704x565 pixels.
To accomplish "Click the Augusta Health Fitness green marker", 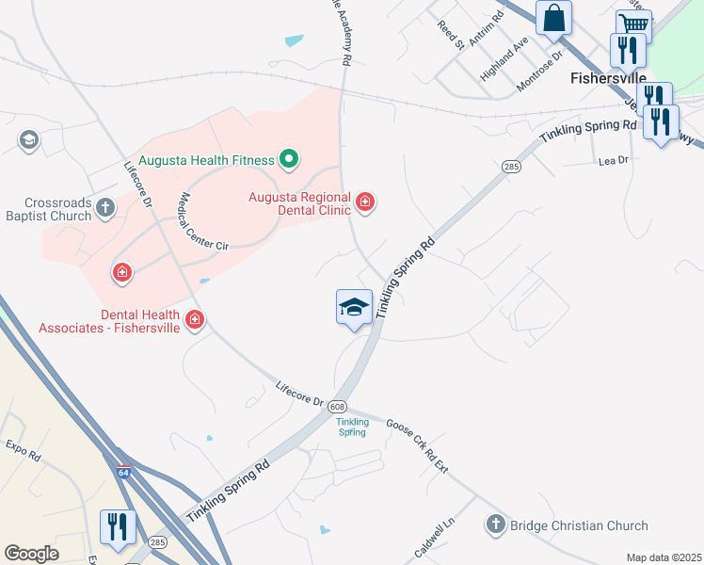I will coord(289,160).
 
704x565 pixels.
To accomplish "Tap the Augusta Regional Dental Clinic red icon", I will coord(364,202).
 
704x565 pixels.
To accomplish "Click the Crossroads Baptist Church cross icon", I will coord(105,207).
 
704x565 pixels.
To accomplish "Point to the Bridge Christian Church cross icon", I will coord(496,524).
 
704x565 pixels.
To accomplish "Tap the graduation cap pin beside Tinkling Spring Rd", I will coord(354,307).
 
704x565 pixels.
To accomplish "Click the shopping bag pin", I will coord(554,18).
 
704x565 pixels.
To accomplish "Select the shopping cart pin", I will coord(634,25).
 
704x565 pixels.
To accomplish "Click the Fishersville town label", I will coord(608,78).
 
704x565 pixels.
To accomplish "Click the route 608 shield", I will coord(337,406).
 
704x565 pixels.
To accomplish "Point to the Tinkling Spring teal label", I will coord(352,426).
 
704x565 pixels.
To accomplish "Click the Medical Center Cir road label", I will coord(204,221).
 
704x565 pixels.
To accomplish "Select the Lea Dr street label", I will coord(613,161).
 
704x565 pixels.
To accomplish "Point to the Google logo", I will coord(31,554).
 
